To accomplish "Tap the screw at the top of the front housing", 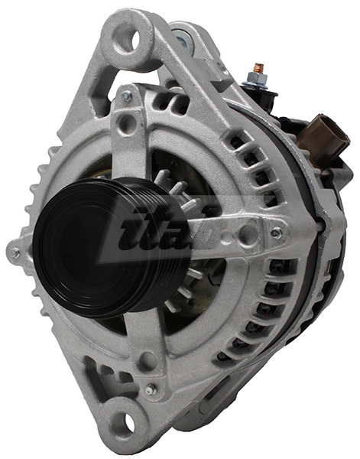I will [x=127, y=97].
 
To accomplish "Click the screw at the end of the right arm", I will [x=276, y=233].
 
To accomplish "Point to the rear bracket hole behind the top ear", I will [x=180, y=34].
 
